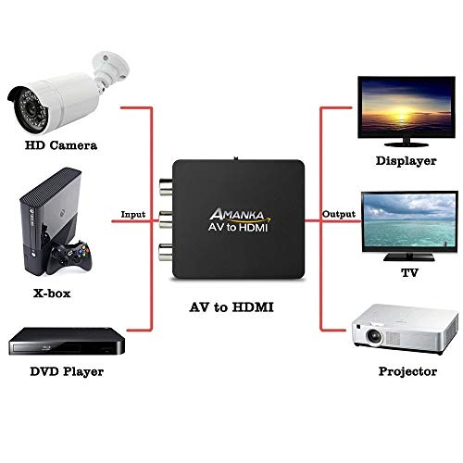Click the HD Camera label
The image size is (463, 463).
coord(61,145)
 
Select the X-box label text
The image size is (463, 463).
coord(52,294)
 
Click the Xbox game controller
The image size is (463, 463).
coord(69,257)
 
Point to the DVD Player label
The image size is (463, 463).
coord(67,371)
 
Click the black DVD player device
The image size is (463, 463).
coord(67,341)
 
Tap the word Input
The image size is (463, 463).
coord(132,215)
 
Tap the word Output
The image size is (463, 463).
coord(339,214)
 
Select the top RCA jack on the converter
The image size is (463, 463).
coord(166,186)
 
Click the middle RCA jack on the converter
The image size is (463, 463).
coord(166,219)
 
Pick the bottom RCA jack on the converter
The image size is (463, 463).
coord(166,252)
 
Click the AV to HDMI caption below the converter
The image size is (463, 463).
coord(231,307)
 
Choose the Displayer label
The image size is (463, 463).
coord(406,161)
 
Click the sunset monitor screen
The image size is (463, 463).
coord(407,106)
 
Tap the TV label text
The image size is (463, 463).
coord(409,273)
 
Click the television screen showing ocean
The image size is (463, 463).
coord(409,220)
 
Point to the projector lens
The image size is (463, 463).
coord(374,335)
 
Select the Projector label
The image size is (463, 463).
coord(407,371)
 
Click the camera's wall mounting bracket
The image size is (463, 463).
coord(110,69)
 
